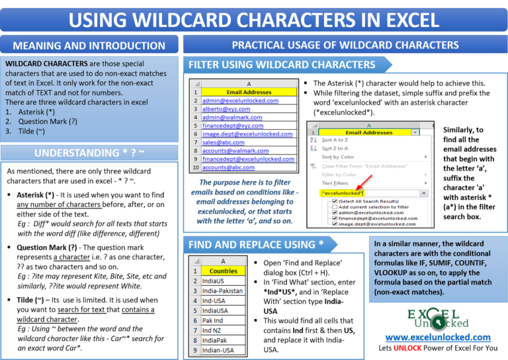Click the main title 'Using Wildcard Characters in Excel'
click(254, 19)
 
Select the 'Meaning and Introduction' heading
click(89, 46)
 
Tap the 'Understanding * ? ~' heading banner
click(89, 153)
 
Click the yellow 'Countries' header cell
click(223, 271)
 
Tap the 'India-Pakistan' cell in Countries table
click(224, 290)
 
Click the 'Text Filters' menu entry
click(335, 183)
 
